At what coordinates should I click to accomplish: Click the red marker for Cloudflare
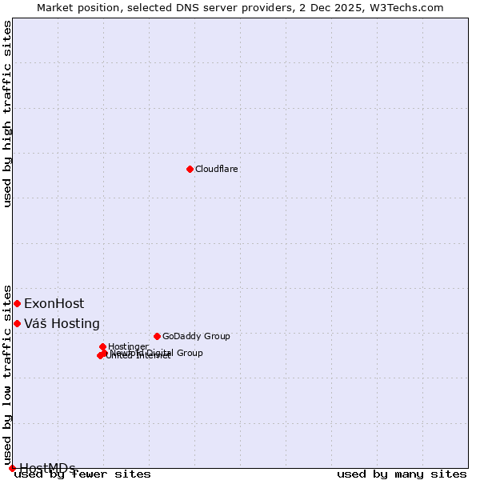(x=190, y=169)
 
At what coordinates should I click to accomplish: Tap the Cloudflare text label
(x=216, y=170)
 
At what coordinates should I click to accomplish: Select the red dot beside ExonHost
(x=17, y=303)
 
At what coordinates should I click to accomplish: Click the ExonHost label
(x=54, y=304)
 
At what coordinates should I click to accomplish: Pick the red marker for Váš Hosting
(x=17, y=323)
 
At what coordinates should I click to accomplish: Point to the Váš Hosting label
(x=62, y=324)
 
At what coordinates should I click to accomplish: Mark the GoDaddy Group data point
(x=157, y=336)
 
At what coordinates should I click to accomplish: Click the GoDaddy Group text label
(x=196, y=337)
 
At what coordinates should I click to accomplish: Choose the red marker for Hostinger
(x=103, y=346)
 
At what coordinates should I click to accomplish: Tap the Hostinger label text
(x=128, y=346)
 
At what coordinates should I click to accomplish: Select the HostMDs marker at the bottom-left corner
(x=12, y=468)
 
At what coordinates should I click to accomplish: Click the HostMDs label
(x=47, y=468)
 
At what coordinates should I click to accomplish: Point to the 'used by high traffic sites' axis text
(x=8, y=114)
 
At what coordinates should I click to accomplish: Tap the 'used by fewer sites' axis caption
(x=83, y=474)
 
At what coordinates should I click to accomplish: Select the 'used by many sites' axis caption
(x=402, y=474)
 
